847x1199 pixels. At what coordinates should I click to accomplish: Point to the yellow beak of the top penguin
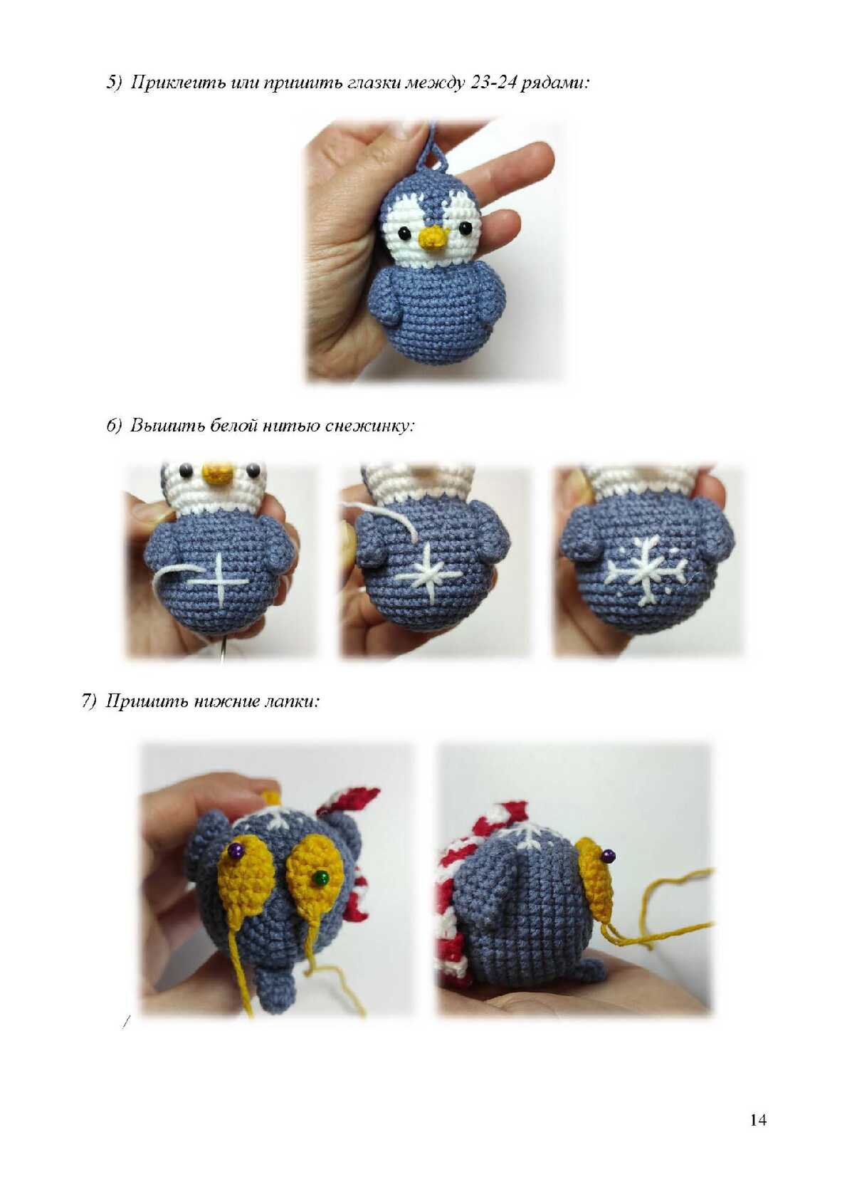click(434, 238)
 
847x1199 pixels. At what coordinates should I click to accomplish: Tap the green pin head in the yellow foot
click(321, 876)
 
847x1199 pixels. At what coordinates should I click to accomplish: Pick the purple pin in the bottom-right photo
click(607, 857)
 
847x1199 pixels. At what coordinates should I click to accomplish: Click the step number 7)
click(90, 701)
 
